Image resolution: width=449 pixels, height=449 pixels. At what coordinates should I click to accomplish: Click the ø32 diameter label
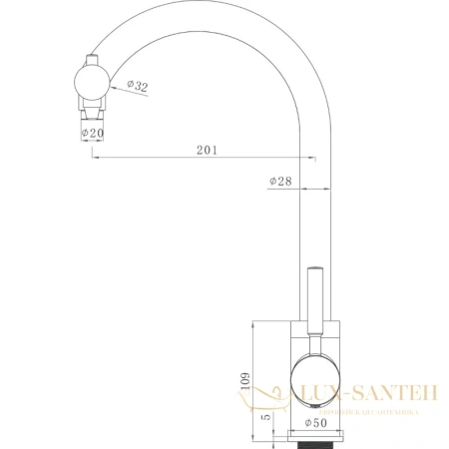click(138, 89)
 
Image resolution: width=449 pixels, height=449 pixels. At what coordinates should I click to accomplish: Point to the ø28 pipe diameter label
click(279, 181)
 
